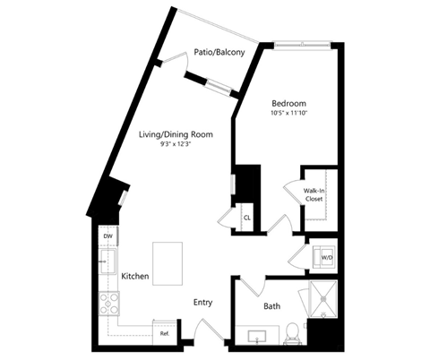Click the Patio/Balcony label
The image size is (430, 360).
pos(219,52)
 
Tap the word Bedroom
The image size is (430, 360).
pos(288,104)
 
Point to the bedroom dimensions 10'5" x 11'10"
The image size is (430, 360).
pos(288,113)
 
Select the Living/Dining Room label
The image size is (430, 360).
pos(176,134)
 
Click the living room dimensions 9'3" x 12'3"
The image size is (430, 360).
pos(176,144)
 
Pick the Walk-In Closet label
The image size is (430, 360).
pos(314,194)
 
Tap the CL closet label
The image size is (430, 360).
pos(247,218)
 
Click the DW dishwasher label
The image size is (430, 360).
pos(107,236)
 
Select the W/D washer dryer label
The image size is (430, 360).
pos(327,257)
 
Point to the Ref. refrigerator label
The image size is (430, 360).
pos(165,334)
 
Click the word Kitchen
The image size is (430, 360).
pos(135,276)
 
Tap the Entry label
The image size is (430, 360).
pos(203,303)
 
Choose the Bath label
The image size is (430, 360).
pos(271,306)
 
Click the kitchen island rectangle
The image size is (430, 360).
pos(168,264)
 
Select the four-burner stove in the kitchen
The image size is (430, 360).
pos(109,304)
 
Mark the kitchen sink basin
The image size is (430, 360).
pos(107,261)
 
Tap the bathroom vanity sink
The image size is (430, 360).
pos(257,337)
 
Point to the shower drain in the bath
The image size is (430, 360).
pos(323,298)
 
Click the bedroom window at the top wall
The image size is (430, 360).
pos(303,45)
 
